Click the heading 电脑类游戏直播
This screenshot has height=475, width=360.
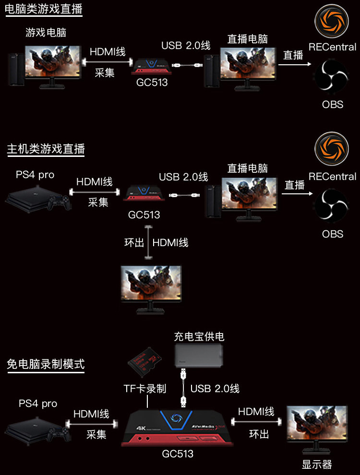pyautogui.click(x=44, y=9)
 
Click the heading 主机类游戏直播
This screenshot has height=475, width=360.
pyautogui.click(x=46, y=149)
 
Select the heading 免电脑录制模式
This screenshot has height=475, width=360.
pyautogui.click(x=46, y=364)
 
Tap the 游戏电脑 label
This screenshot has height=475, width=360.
pyautogui.click(x=46, y=33)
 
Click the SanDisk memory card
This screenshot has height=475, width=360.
pyautogui.click(x=144, y=361)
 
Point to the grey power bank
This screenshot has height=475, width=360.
pyautogui.click(x=199, y=356)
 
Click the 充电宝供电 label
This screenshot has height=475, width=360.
pyautogui.click(x=199, y=336)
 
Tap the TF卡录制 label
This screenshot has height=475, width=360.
pyautogui.click(x=145, y=388)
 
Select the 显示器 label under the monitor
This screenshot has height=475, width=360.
pyautogui.click(x=317, y=464)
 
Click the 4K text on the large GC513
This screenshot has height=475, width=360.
pyautogui.click(x=141, y=428)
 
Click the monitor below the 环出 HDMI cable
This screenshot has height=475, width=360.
pyautogui.click(x=151, y=290)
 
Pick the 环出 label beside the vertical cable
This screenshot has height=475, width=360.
pyautogui.click(x=134, y=243)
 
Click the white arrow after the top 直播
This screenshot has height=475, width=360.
pyautogui.click(x=295, y=64)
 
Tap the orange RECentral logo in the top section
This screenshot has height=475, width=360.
pyautogui.click(x=332, y=21)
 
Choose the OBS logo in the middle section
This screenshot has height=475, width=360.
pyautogui.click(x=332, y=205)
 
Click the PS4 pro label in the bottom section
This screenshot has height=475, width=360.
pyautogui.click(x=38, y=403)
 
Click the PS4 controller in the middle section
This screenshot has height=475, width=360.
pyautogui.click(x=60, y=202)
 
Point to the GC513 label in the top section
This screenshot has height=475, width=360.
pyautogui.click(x=152, y=83)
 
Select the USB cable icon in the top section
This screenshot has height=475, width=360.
pyautogui.click(x=187, y=65)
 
